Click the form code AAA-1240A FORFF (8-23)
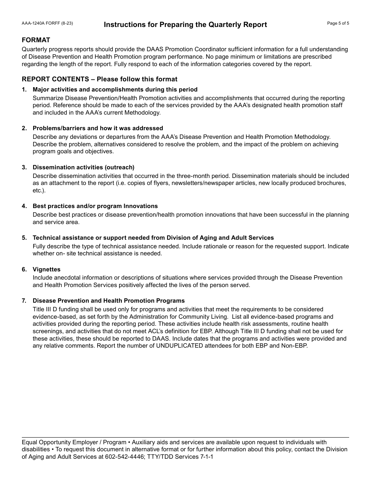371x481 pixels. [47, 23]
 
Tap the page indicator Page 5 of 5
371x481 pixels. [338, 23]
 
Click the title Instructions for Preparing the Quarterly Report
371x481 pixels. [185, 25]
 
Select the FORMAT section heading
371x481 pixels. [36, 40]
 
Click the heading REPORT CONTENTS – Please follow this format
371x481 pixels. [100, 79]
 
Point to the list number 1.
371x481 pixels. [24, 90]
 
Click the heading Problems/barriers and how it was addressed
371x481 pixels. [98, 128]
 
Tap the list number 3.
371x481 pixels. [24, 167]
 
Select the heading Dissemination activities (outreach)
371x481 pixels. [83, 167]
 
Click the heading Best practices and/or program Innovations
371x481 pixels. [95, 206]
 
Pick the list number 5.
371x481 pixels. [24, 238]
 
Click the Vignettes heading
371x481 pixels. [46, 269]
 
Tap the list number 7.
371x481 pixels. [24, 301]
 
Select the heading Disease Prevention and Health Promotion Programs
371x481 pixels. [109, 301]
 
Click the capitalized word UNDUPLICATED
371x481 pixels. [180, 346]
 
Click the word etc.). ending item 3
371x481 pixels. [39, 190]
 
